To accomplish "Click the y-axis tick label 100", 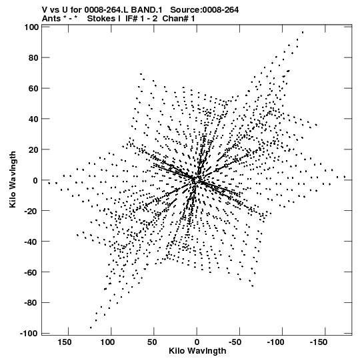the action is (31, 27).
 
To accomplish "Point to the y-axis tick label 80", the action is (33, 57).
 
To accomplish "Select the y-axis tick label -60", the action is (31, 272).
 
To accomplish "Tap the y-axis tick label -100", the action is (29, 334).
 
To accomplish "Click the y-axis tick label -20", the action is (31, 211).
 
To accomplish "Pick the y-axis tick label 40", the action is (33, 119).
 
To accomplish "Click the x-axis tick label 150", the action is (65, 342).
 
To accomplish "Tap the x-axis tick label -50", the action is (235, 342).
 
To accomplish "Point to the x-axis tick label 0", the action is (197, 342).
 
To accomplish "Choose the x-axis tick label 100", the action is (107, 342).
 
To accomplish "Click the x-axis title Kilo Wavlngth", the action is (197, 351).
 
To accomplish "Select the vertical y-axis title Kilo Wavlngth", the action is (13, 179).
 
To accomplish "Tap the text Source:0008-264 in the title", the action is (204, 10).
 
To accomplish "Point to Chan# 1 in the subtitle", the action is (179, 19).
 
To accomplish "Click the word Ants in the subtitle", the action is (51, 19).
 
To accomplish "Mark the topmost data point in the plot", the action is (303, 32).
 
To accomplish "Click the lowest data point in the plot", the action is (91, 328).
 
